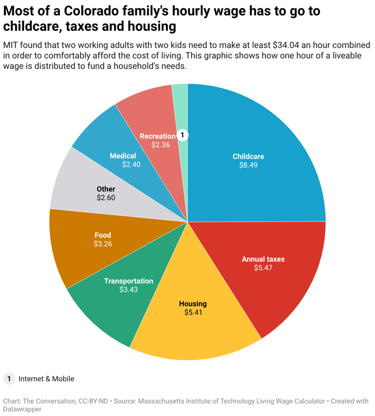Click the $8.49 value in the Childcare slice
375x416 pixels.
click(x=248, y=165)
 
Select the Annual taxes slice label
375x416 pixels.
click(x=263, y=259)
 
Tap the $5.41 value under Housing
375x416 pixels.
click(x=193, y=312)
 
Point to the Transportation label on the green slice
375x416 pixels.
click(x=128, y=281)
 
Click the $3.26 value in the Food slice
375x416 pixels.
click(x=103, y=243)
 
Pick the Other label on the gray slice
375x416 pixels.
click(x=106, y=189)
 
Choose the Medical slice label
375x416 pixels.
click(x=123, y=156)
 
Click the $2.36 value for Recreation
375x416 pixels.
click(x=160, y=145)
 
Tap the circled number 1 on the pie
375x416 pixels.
click(x=182, y=135)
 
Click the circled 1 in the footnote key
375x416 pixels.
click(x=9, y=378)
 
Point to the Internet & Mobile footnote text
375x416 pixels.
click(x=46, y=378)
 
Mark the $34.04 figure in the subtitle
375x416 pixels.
click(x=290, y=45)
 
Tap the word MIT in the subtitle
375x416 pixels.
click(x=11, y=45)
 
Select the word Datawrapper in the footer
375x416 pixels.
click(x=22, y=410)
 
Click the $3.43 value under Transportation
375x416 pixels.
click(x=128, y=290)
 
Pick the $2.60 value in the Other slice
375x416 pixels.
click(x=106, y=198)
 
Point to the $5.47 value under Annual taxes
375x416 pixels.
click(x=263, y=268)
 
